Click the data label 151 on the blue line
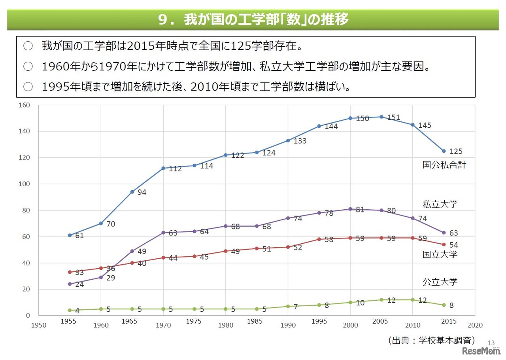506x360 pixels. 393,117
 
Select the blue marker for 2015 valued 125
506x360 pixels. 444,151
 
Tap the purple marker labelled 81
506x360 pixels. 350,209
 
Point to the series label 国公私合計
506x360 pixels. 444,165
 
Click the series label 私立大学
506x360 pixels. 440,204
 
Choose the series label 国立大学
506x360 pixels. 440,254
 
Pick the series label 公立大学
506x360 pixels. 440,282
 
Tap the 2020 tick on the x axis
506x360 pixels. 475,325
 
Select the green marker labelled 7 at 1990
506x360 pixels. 288,306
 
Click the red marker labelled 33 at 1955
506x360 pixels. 70,272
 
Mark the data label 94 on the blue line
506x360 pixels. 142,192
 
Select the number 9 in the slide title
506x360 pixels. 162,20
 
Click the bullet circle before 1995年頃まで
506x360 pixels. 28,87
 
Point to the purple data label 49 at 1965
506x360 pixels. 142,252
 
